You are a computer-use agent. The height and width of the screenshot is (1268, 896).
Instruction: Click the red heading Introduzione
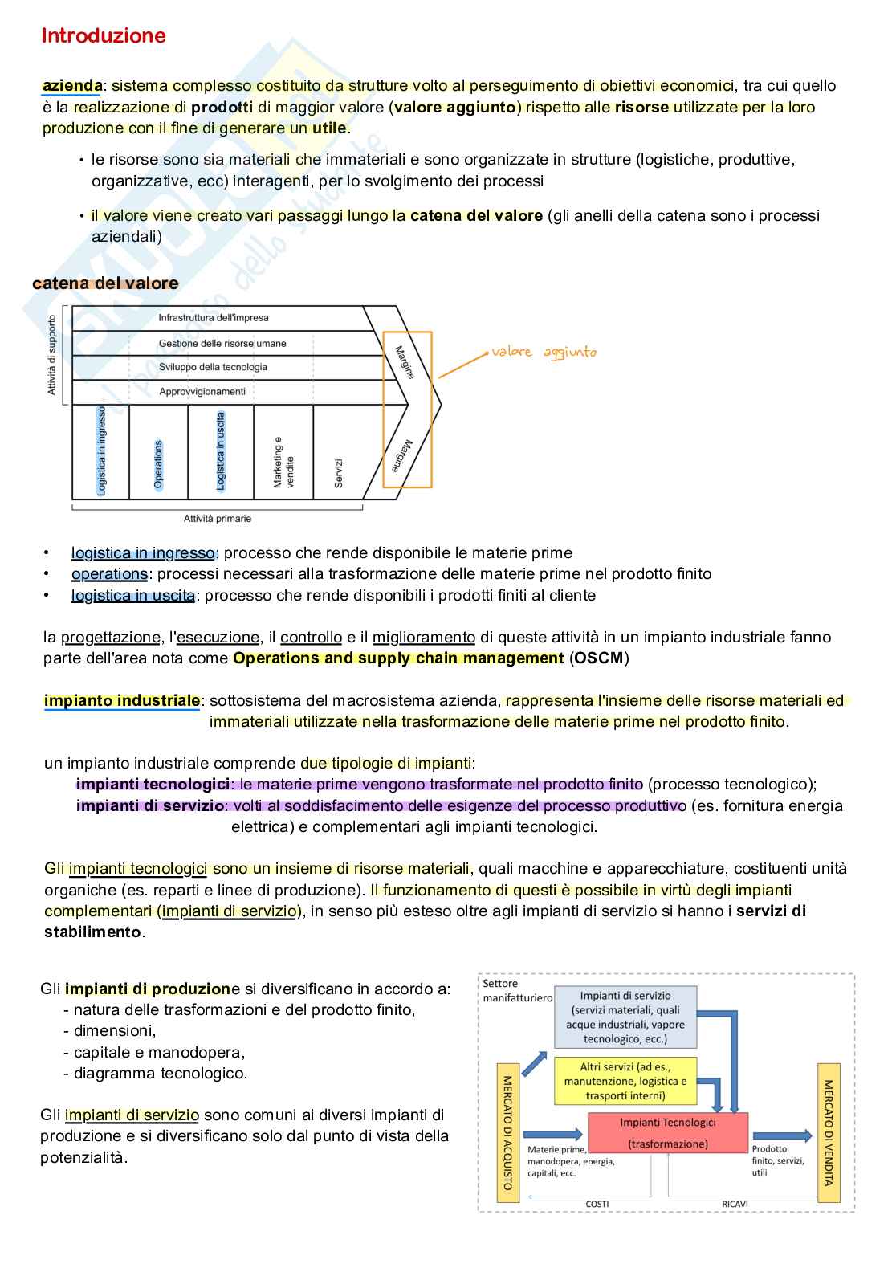coord(103,35)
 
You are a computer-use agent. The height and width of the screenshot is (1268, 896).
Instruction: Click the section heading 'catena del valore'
coord(105,283)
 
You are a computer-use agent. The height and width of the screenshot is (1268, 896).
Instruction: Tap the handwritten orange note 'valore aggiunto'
coord(544,352)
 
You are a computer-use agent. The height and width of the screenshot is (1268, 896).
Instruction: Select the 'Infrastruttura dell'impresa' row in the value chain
coord(213,318)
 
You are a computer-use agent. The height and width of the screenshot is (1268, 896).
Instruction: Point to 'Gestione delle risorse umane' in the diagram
coord(222,343)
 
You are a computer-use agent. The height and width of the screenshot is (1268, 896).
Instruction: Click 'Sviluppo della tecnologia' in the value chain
coord(213,367)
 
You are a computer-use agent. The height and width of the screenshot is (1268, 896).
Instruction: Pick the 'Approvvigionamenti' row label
coord(202,391)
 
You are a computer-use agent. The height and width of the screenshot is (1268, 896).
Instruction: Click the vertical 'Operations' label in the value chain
coord(158,464)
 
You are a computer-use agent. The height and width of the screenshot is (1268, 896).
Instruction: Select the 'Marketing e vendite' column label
coord(283,463)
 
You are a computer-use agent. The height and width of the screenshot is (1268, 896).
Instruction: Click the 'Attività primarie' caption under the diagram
coord(218,519)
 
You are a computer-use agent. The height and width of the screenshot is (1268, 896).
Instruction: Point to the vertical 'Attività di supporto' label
coord(52,354)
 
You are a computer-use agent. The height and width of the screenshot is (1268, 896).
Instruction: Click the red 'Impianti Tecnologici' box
coord(668,1132)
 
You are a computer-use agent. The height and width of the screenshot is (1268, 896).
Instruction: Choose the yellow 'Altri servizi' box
coord(625,1081)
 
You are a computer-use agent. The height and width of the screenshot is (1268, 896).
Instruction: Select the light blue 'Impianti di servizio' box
coord(625,1017)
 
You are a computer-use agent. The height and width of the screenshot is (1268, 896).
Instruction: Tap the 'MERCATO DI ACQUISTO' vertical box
coord(508,1132)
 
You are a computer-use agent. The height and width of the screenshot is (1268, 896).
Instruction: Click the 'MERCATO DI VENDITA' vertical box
coord(829,1132)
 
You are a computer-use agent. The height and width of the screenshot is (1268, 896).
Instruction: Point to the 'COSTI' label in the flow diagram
coord(597,1204)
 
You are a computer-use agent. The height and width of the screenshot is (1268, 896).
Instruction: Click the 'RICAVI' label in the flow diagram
coord(735,1204)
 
